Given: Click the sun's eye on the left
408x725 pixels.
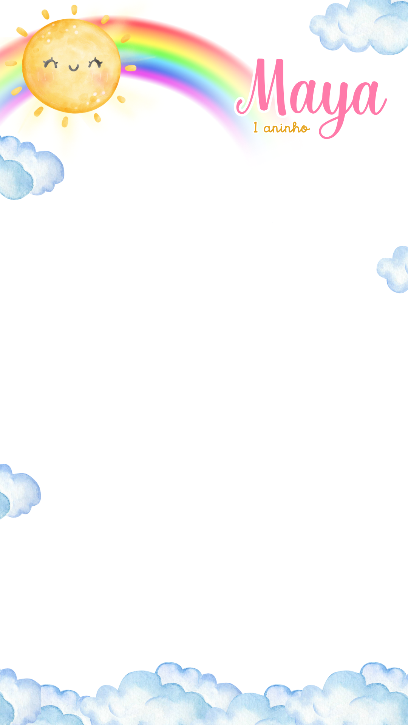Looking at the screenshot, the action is coord(50,63).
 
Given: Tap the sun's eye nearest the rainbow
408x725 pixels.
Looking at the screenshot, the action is coord(96,63).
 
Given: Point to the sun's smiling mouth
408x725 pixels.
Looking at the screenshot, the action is coord(74,68).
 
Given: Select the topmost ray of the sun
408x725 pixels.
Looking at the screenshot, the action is coord(74,10).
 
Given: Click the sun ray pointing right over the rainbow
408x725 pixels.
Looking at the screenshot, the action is coord(131,68).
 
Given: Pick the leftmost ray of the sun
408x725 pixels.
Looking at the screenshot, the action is coord(11,63).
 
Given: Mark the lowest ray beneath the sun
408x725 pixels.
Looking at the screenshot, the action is coord(65,122).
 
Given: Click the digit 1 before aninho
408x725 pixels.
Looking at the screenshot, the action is coord(256,128).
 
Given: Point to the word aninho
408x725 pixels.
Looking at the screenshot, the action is coord(287,128).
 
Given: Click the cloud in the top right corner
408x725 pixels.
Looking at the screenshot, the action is coord(361,26).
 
